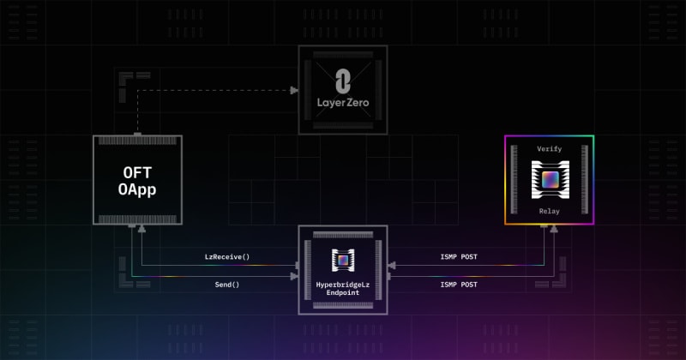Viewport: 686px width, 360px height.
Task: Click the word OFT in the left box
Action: click(x=137, y=173)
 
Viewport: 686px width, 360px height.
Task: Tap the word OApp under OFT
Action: click(x=137, y=189)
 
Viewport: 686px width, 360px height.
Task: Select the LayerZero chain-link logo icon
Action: click(x=342, y=81)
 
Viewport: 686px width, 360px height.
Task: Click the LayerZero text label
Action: click(x=343, y=103)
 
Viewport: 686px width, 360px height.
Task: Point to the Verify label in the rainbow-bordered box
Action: click(x=549, y=149)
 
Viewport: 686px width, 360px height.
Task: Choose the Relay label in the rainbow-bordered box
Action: click(x=549, y=211)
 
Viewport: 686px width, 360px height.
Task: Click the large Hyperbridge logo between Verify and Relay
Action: click(x=550, y=180)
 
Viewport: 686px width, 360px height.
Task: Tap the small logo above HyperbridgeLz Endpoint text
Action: click(x=343, y=261)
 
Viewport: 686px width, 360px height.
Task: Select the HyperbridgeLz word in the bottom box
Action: click(x=342, y=285)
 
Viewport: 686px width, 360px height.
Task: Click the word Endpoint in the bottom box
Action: click(x=342, y=292)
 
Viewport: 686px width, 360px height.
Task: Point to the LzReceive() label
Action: click(x=227, y=257)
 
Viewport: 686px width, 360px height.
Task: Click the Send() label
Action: click(x=227, y=285)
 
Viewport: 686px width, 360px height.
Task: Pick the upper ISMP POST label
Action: click(x=459, y=257)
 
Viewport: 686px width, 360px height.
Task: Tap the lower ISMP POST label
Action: click(x=459, y=285)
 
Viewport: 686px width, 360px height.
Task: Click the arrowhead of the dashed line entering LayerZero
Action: click(x=294, y=91)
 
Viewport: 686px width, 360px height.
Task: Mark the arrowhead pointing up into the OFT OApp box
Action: click(x=141, y=229)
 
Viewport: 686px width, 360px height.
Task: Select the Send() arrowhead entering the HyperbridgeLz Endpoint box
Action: click(x=294, y=277)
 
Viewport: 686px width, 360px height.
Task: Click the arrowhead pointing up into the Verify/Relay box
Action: click(x=554, y=229)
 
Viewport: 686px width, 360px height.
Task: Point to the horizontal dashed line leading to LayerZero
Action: click(x=214, y=91)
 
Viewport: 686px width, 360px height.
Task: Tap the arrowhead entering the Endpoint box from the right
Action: click(x=392, y=265)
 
